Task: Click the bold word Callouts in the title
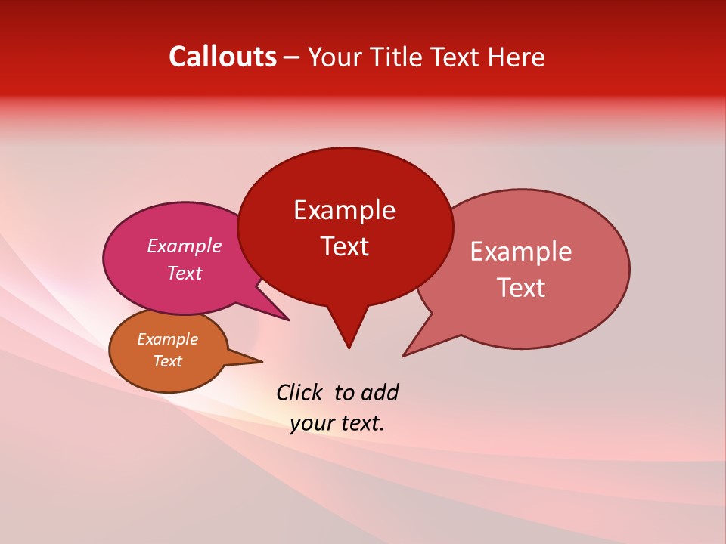click(222, 57)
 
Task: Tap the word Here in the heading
click(517, 57)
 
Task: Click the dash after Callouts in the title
click(292, 57)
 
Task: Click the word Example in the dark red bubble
click(344, 210)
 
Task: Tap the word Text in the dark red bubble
click(344, 246)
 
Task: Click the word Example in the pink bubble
click(184, 246)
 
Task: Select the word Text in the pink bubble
click(184, 273)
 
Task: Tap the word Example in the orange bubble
click(167, 339)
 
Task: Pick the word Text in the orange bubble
click(167, 361)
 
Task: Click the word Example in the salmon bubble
click(520, 252)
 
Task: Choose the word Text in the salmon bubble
click(520, 288)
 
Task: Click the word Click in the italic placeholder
click(299, 392)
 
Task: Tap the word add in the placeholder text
click(379, 392)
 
